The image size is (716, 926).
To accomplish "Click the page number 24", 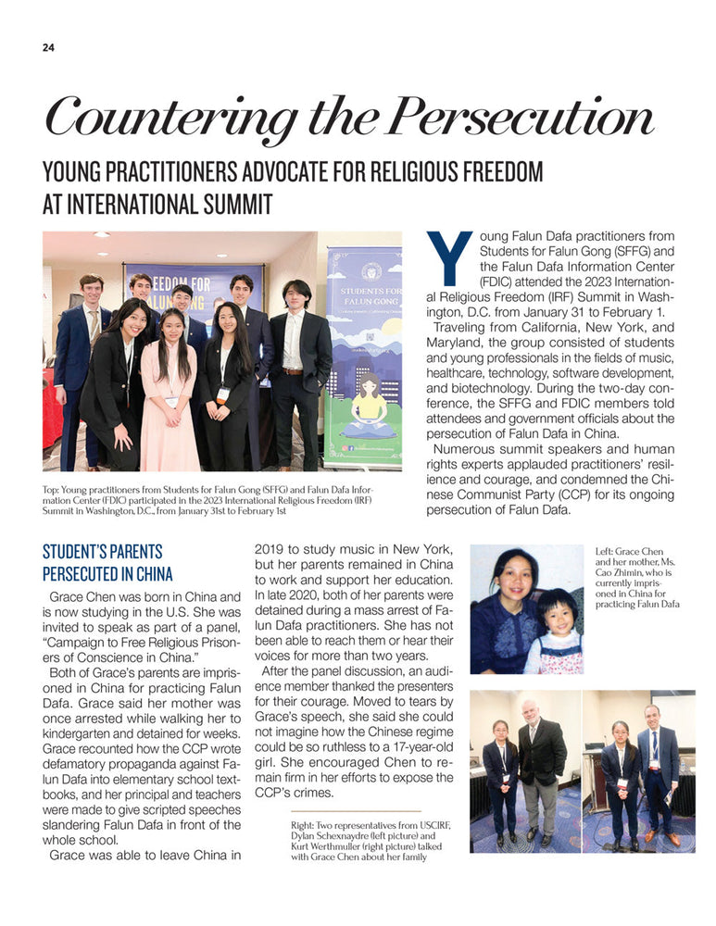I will pos(48,48).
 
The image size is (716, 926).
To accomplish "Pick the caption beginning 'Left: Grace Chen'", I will pos(637,579).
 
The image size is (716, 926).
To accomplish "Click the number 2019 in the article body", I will pos(270,549).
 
